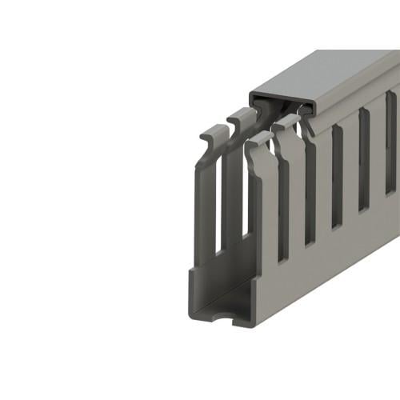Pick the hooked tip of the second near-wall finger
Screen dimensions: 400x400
click(285, 125)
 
